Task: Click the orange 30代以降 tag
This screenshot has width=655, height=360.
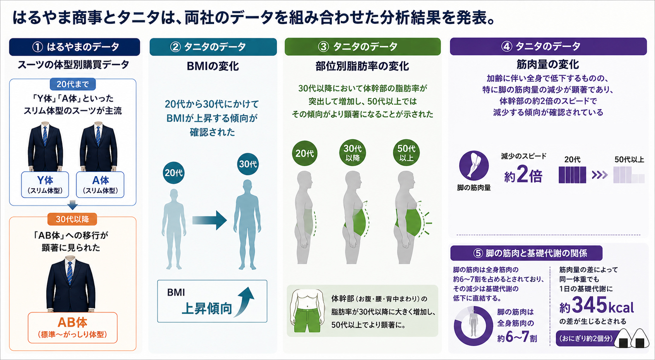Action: coord(72,219)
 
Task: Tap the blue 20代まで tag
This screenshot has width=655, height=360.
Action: coord(72,84)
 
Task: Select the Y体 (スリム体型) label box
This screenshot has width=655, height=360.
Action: coord(45,185)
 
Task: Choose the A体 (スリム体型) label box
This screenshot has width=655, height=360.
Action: coord(100,185)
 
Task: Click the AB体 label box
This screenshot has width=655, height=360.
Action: coord(72,327)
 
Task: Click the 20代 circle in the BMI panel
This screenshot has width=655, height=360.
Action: coord(173,173)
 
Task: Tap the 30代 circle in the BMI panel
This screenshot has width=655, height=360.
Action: coord(248,164)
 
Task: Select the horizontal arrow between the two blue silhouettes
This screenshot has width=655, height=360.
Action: coord(209,220)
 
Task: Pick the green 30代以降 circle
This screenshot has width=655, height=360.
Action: coord(353,153)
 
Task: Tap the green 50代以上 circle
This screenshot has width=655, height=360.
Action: coord(406,153)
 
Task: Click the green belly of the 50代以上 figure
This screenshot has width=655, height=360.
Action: coord(409,223)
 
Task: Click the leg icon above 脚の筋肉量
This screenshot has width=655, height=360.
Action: coord(474,165)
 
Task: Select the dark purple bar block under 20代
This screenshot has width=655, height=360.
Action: coord(572,175)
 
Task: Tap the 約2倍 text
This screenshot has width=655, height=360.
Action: coord(523,175)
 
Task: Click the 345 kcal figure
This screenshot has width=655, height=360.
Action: coord(597,306)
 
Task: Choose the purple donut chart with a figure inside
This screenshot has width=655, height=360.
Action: coord(473,326)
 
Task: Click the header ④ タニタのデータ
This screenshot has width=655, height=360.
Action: coord(548,46)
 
